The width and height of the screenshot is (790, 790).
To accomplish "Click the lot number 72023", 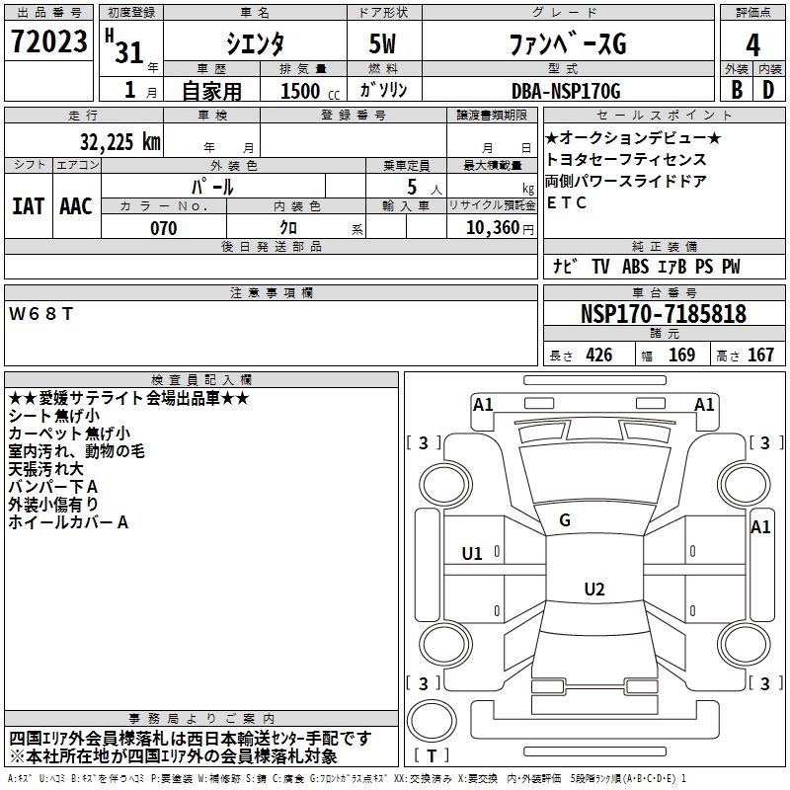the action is pyautogui.click(x=48, y=42).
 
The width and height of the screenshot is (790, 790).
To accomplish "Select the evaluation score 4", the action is pyautogui.click(x=752, y=45).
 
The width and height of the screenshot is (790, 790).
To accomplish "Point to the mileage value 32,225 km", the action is pyautogui.click(x=120, y=141).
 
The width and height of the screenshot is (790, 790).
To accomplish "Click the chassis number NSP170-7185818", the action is pyautogui.click(x=663, y=315).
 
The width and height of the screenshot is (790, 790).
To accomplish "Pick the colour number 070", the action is pyautogui.click(x=163, y=229).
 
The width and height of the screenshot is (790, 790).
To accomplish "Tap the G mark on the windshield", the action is pyautogui.click(x=565, y=520).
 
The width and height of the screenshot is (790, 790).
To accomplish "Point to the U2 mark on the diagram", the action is pyautogui.click(x=593, y=590).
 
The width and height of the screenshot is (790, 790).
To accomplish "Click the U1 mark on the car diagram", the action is pyautogui.click(x=472, y=554).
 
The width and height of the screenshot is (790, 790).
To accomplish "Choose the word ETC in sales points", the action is pyautogui.click(x=566, y=203).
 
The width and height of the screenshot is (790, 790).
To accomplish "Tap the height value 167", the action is pyautogui.click(x=759, y=355).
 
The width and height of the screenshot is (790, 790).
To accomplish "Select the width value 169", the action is pyautogui.click(x=681, y=355).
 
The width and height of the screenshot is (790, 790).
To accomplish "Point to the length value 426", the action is pyautogui.click(x=598, y=355).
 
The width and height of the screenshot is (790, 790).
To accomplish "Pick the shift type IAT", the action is pyautogui.click(x=28, y=206).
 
